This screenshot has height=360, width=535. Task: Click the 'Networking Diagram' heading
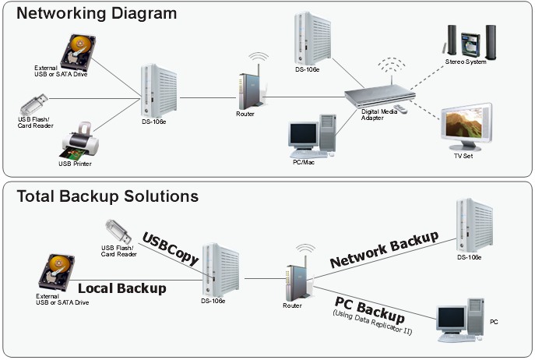97,13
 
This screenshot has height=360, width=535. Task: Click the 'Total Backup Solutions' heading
107,196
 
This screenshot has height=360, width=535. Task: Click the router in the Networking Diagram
246,86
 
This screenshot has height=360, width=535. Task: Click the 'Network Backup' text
385,249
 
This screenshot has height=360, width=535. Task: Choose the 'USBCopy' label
171,247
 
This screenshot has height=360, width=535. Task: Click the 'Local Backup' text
122,288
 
